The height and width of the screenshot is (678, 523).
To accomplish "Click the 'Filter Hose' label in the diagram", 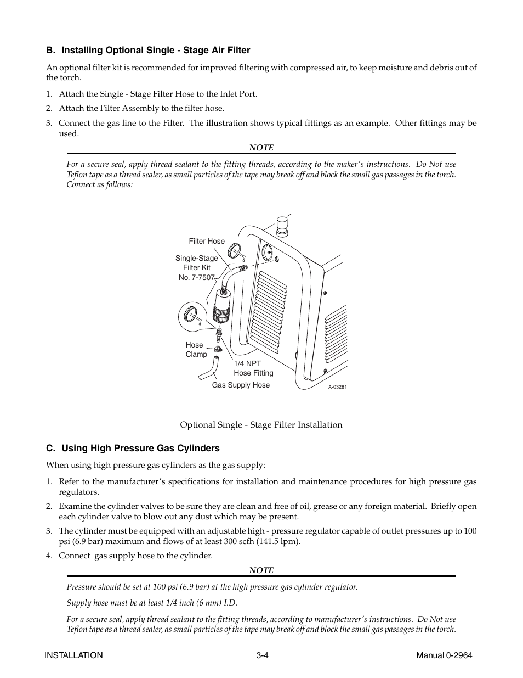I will pos(207,241).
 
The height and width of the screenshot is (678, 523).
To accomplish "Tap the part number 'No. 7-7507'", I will pos(197,277).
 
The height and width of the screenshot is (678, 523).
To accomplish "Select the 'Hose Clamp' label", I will pos(196,350).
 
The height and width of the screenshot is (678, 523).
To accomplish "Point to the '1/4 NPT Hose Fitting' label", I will pos(253,368).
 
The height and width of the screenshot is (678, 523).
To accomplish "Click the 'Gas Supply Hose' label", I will pos(241,385).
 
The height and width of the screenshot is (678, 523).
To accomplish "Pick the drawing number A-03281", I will pos(338,387).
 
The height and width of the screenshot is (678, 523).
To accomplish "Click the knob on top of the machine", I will pos(282,223).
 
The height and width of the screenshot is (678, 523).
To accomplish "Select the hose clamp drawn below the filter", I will pos(218,349).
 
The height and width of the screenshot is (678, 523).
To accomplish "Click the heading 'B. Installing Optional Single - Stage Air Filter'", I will pos(148,51).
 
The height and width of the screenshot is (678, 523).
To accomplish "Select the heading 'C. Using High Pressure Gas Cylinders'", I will pos(133,448).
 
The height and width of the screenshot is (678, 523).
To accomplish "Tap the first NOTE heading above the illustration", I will pos(261,148).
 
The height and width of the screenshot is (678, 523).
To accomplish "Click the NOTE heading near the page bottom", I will pos(261,570).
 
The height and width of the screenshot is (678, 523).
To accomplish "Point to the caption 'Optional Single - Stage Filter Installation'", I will pos(261,425).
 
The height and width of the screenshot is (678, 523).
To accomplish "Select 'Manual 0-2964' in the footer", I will pos(444,655).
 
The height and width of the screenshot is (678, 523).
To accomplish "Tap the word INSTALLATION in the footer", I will pos(73,655).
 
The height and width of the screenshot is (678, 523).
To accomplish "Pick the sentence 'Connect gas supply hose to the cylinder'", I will pos(135,556).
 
